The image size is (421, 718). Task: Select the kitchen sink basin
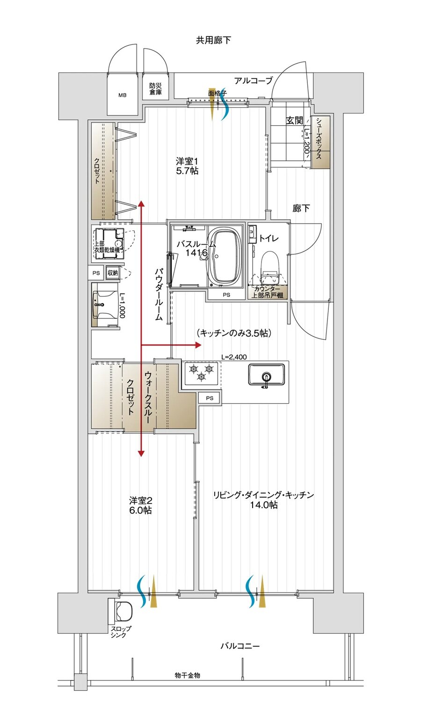pos(266,375)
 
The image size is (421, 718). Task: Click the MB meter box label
pos(122,95)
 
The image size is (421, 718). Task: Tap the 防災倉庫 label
pos(156,89)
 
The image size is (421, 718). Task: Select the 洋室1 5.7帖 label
pos(187,166)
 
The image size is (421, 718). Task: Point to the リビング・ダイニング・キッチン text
pos(263,495)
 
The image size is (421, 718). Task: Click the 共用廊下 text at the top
pos(213,40)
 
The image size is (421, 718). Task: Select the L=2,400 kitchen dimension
pos(234,357)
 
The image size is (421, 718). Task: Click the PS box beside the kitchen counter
pos(210,398)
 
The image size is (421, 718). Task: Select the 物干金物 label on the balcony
pos(187,675)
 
